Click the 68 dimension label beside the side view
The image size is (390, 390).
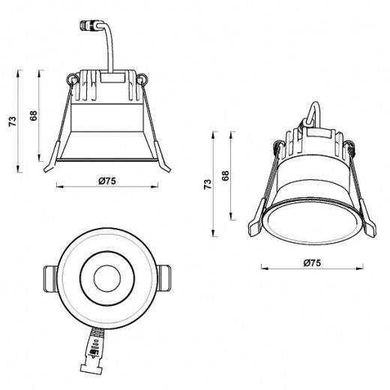34,116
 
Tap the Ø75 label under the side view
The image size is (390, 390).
106,181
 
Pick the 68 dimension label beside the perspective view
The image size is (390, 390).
225,176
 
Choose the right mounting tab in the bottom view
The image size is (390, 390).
162,279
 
